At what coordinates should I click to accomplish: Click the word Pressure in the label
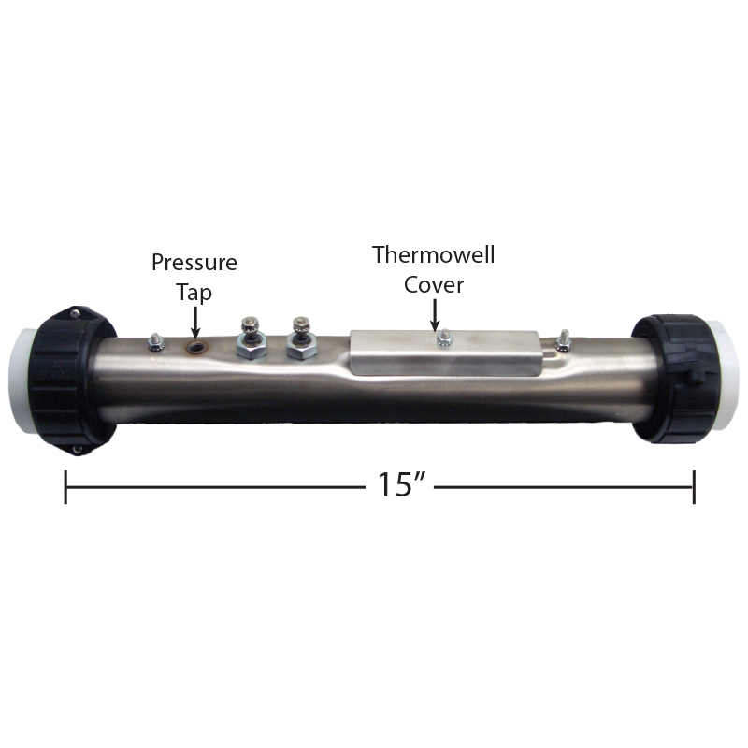click(194, 263)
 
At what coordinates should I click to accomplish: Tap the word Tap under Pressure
click(194, 292)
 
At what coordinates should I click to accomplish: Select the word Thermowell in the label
click(433, 254)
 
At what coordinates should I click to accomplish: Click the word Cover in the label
click(434, 285)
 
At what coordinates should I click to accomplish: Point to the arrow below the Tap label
click(195, 323)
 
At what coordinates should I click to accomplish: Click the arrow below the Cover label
click(435, 315)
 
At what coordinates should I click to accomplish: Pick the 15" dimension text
click(400, 484)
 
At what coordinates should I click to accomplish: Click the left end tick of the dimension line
click(65, 487)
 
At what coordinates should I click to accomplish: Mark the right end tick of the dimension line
click(694, 487)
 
